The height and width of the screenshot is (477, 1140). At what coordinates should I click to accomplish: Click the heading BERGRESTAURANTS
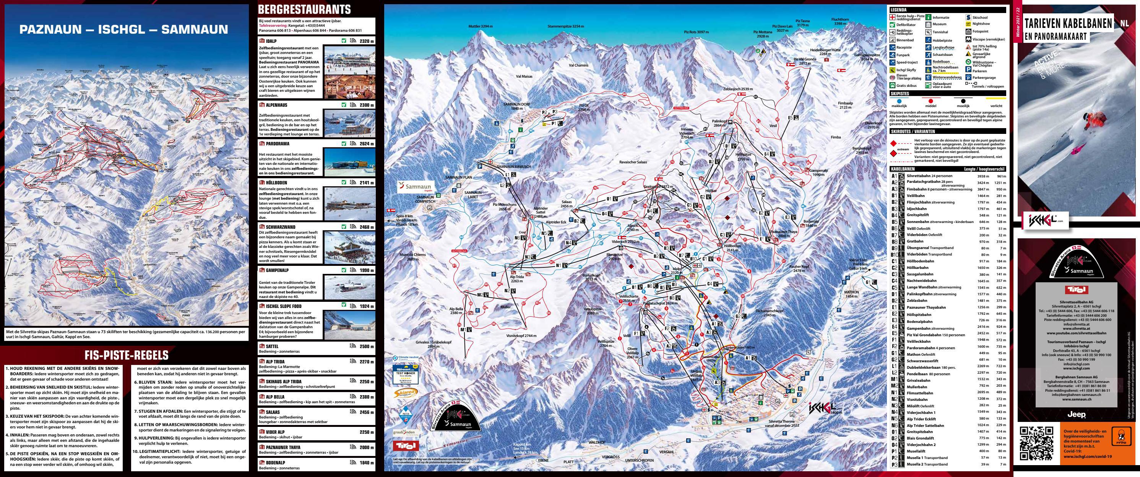(304, 10)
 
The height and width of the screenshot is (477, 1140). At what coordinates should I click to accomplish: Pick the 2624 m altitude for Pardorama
(366, 143)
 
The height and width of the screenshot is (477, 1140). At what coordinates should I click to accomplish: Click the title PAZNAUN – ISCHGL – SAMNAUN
(123, 30)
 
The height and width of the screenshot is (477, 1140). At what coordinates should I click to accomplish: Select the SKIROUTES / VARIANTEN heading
(913, 132)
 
